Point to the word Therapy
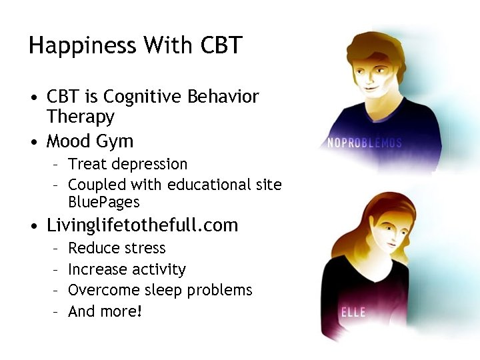coord(80,117)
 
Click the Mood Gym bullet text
coord(89,141)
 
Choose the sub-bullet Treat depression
coord(127,164)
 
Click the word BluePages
coord(103,202)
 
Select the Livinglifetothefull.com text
coord(142,225)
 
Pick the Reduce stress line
coord(117,248)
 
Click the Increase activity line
coord(127,269)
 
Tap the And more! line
coord(105,311)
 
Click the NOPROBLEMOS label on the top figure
coord(365,143)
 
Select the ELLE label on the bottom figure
coord(353,312)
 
